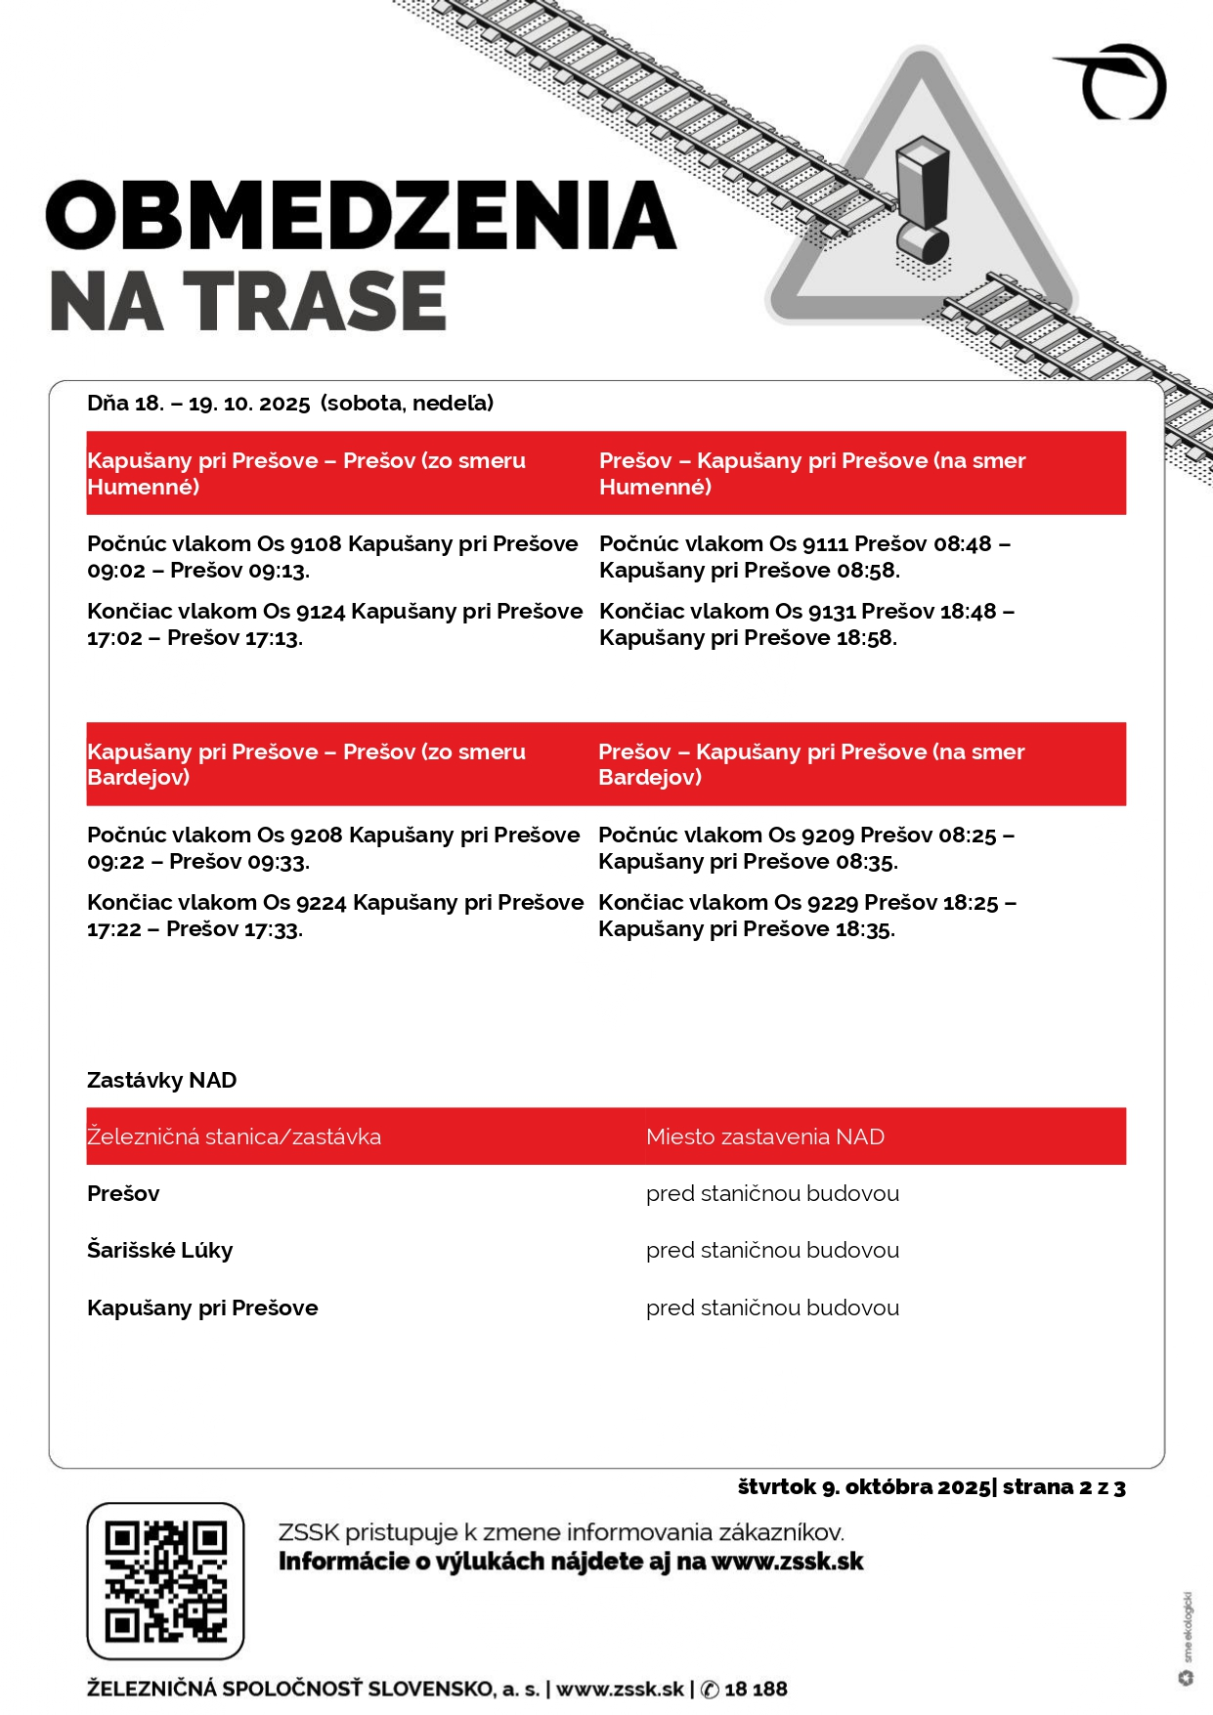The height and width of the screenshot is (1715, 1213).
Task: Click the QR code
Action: pyautogui.click(x=165, y=1580)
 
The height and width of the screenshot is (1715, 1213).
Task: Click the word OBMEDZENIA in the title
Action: pyautogui.click(x=361, y=215)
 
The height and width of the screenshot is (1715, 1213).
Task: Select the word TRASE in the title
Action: pyautogui.click(x=316, y=301)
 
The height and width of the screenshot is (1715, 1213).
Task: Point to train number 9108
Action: pyautogui.click(x=316, y=544)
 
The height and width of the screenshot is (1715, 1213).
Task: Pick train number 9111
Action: pyautogui.click(x=826, y=544)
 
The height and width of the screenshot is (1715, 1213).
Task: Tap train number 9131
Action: pyautogui.click(x=831, y=612)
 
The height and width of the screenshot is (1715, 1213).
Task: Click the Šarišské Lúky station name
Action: pyautogui.click(x=159, y=1251)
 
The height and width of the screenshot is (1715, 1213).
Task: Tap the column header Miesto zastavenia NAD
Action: pyautogui.click(x=764, y=1136)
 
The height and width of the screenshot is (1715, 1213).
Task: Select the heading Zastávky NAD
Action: pyautogui.click(x=161, y=1081)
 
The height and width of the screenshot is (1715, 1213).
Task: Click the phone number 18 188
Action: pyautogui.click(x=756, y=1689)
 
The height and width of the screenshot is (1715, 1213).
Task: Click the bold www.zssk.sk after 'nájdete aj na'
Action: pyautogui.click(x=787, y=1562)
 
